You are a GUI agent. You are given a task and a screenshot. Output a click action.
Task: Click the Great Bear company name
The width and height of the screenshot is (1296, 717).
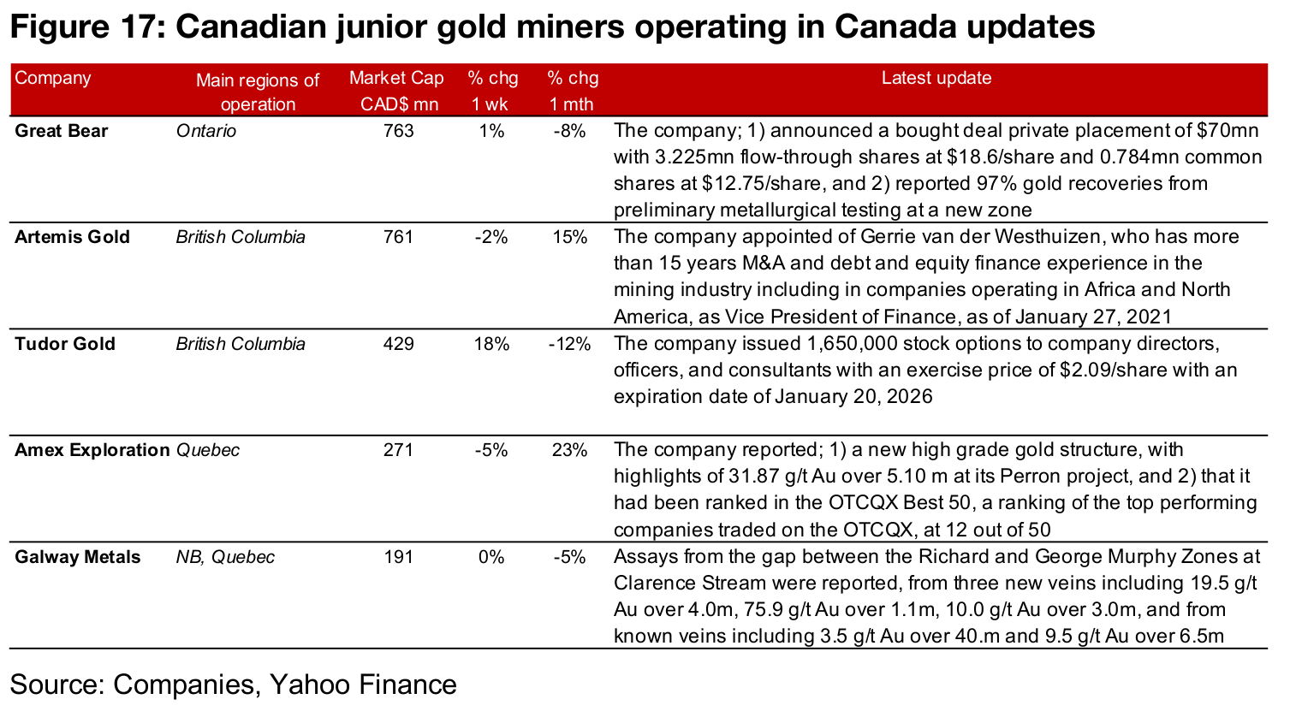pyautogui.click(x=62, y=131)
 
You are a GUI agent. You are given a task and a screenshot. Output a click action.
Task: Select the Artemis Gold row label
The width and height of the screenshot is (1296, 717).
pyautogui.click(x=72, y=237)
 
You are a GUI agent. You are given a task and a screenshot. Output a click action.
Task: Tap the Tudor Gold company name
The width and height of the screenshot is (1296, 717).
pyautogui.click(x=64, y=344)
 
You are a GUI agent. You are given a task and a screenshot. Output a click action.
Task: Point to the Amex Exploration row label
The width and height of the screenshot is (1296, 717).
pyautogui.click(x=92, y=450)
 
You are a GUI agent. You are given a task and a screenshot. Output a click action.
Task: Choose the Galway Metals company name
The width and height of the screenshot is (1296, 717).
pyautogui.click(x=77, y=557)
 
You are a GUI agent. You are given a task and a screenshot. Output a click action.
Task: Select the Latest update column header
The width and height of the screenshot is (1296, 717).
pyautogui.click(x=936, y=78)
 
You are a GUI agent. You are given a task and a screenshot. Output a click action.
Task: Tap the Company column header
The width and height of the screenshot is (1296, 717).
pyautogui.click(x=52, y=78)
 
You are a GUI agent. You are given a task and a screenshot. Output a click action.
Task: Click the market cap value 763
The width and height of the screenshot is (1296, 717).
pyautogui.click(x=398, y=131)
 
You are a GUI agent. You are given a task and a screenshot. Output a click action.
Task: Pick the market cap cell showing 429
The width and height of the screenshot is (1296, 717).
pyautogui.click(x=398, y=344)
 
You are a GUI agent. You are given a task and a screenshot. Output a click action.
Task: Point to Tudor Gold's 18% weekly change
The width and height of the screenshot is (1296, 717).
pyautogui.click(x=491, y=344)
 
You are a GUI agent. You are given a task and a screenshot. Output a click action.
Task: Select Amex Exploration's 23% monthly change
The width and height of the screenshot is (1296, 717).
pyautogui.click(x=570, y=450)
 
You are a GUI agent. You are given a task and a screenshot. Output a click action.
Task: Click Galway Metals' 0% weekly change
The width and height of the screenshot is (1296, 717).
pyautogui.click(x=491, y=557)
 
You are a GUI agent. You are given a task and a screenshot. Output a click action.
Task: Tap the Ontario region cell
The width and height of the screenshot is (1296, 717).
pyautogui.click(x=205, y=131)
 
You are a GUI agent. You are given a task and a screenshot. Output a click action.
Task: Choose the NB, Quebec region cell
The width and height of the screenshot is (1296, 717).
pyautogui.click(x=225, y=557)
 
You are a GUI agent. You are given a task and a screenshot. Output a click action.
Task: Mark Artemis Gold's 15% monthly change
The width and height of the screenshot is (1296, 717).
pyautogui.click(x=570, y=237)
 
